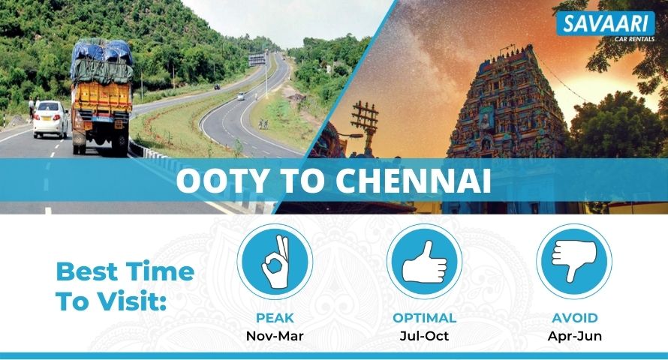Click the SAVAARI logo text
click(x=605, y=23)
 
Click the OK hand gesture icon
click(x=275, y=262)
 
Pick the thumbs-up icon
click(x=424, y=262)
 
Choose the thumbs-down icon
click(x=574, y=262)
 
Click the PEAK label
click(x=275, y=318)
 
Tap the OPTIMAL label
click(x=424, y=318)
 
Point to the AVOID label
click(x=575, y=318)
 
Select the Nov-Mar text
click(x=275, y=336)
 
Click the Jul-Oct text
click(x=424, y=336)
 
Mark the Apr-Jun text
click(x=575, y=336)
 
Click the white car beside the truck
click(x=50, y=119)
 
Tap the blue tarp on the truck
click(x=102, y=52)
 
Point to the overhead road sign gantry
click(x=257, y=59)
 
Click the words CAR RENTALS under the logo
click(x=634, y=39)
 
